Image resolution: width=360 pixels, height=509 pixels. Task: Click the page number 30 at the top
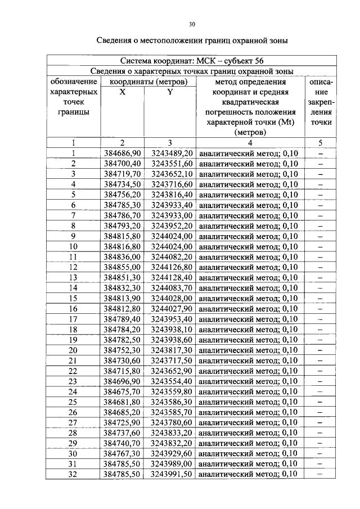(x=191, y=24)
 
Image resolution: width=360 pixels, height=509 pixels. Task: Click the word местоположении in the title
(x=177, y=40)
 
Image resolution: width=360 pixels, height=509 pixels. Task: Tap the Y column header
(x=169, y=92)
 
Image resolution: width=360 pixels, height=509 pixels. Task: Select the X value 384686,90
(x=122, y=153)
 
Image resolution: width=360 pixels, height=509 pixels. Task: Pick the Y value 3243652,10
(x=172, y=174)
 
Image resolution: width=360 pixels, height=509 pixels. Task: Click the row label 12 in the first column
(x=73, y=267)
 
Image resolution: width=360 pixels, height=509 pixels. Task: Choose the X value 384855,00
(x=122, y=267)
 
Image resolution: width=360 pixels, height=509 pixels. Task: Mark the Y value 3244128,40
(x=172, y=277)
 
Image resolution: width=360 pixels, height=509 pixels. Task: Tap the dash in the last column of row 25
(x=320, y=402)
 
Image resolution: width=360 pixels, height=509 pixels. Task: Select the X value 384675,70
(x=122, y=391)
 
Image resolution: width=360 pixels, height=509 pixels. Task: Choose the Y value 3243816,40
(x=172, y=195)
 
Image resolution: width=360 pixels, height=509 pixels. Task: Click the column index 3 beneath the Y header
(x=169, y=143)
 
